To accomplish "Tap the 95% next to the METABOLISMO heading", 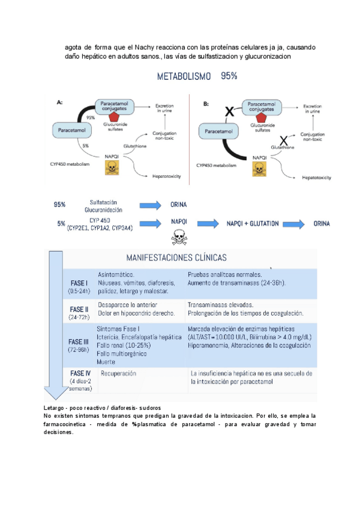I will click(229, 76).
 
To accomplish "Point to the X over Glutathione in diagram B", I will click(283, 141).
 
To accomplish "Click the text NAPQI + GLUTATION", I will click(253, 223).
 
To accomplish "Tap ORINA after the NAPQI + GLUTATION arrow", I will click(322, 223).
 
